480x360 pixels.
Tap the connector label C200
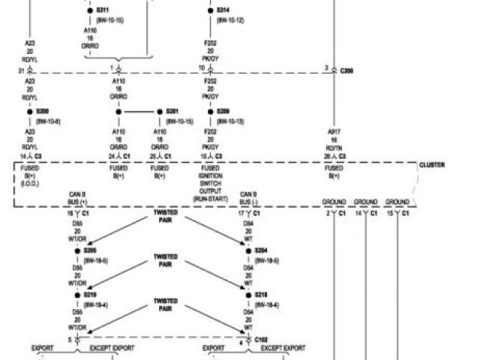coord(347,70)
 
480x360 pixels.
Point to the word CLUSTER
coord(431,164)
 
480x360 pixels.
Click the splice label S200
coord(43,111)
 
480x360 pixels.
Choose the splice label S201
coord(172,111)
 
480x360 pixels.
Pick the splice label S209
coord(223,111)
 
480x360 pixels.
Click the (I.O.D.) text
coord(30,183)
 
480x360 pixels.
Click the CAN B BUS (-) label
coord(249,198)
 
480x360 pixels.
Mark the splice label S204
coord(261,250)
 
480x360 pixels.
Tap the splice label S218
coord(261,295)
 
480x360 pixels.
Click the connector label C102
coord(262,339)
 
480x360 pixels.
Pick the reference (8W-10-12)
coord(230,19)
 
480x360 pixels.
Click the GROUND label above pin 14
coord(365,202)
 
